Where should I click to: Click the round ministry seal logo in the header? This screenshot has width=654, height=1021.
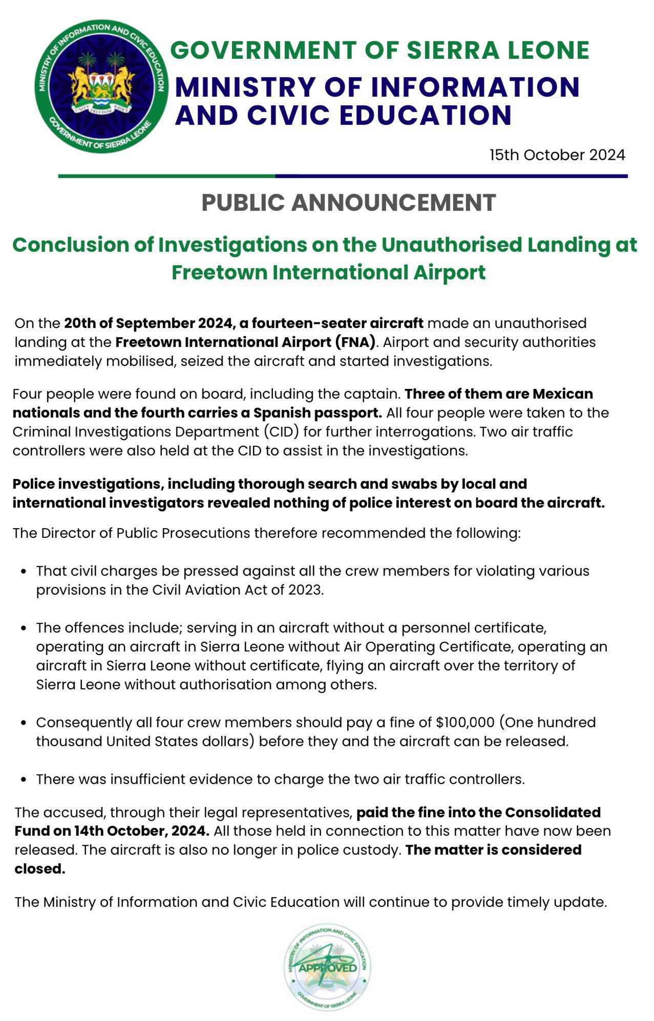[101, 87]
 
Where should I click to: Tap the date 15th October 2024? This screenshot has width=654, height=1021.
[557, 155]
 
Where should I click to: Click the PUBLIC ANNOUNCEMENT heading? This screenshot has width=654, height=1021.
[349, 203]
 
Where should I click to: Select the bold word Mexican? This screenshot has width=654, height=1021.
[563, 394]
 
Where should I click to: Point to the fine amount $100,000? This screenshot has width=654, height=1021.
[465, 723]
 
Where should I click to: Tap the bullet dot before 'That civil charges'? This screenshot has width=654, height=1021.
[24, 572]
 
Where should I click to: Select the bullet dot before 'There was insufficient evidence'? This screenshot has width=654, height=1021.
[24, 780]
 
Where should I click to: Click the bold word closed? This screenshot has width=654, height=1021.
[40, 869]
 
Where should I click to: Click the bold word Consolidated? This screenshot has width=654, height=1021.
[553, 813]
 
